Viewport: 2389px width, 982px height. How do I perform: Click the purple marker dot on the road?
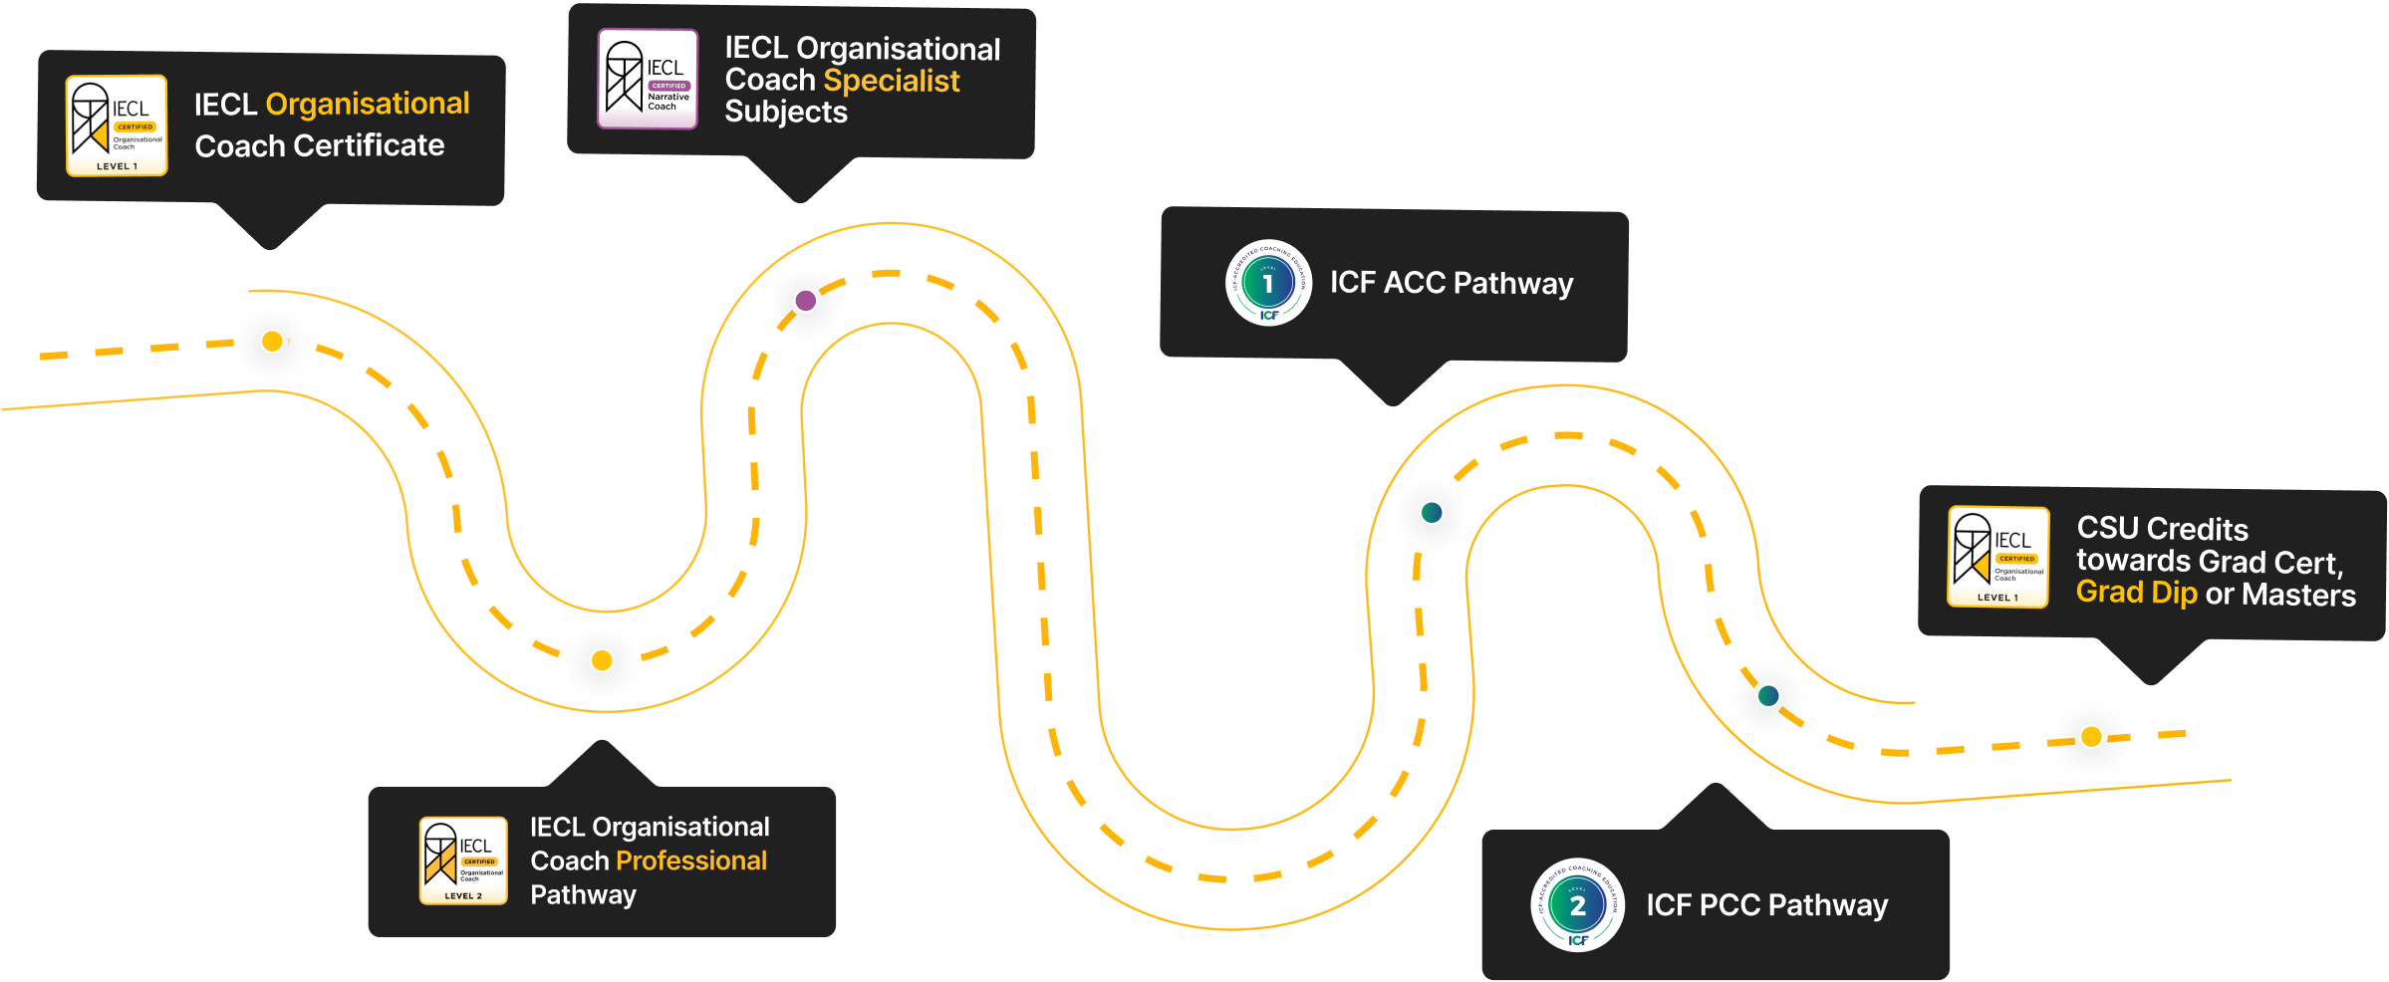(805, 300)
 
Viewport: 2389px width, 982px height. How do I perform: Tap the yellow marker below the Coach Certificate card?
(272, 342)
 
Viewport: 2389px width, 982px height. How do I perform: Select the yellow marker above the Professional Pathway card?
(602, 660)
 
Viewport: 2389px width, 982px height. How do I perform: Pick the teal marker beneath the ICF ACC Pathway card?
(1432, 513)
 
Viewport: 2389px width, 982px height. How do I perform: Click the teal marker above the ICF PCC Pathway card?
(1768, 695)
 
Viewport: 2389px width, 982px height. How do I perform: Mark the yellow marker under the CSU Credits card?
(2091, 737)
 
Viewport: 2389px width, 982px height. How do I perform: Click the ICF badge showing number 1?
(1268, 283)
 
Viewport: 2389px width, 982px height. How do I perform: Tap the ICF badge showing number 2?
(1577, 904)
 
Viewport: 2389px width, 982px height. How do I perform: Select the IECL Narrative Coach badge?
(648, 79)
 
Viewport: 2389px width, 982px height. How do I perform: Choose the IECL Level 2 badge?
(463, 860)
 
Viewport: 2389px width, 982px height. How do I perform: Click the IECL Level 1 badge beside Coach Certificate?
(117, 125)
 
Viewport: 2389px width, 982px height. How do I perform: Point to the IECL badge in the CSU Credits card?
(1997, 557)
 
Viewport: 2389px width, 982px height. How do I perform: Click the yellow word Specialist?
(892, 81)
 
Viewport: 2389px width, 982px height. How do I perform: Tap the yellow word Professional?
(691, 860)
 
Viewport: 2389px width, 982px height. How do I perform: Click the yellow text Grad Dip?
(2136, 593)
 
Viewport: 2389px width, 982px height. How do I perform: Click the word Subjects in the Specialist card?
(786, 113)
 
